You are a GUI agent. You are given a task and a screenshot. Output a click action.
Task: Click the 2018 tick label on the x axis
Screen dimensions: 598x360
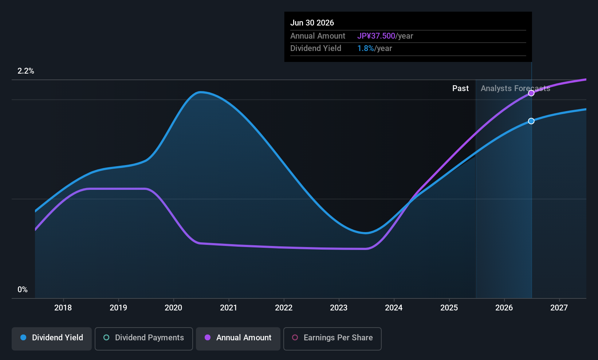(63, 308)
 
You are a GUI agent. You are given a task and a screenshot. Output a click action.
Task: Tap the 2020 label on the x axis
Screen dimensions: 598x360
(173, 308)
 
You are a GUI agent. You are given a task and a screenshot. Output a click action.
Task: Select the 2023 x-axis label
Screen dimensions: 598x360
(339, 308)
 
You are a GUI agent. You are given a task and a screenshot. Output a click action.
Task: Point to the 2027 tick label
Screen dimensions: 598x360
(559, 308)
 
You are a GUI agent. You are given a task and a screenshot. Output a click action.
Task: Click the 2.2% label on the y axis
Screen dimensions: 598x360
(26, 71)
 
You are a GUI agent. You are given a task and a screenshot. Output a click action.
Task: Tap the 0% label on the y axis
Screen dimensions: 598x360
(23, 290)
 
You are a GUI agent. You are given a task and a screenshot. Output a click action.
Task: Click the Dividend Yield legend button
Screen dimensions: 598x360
(51, 339)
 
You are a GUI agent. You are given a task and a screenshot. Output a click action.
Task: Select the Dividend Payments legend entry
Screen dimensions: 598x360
(143, 339)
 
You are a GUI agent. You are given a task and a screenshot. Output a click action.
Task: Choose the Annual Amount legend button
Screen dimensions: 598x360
(238, 339)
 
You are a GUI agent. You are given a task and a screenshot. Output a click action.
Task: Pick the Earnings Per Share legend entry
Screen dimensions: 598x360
(333, 339)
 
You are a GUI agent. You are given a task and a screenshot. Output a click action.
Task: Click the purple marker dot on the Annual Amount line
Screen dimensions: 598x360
(531, 93)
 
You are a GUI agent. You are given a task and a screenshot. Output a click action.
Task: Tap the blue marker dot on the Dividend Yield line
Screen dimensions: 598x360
(531, 121)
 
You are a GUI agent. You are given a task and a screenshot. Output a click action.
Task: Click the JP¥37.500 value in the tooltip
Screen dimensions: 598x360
(376, 36)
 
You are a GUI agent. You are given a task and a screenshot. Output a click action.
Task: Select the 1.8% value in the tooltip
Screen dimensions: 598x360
(366, 48)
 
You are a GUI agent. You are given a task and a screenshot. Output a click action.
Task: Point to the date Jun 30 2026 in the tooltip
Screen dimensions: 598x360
(312, 23)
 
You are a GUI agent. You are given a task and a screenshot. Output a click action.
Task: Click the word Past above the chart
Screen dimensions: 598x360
(460, 89)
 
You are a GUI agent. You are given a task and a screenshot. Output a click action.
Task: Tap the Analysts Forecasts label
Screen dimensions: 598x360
(515, 89)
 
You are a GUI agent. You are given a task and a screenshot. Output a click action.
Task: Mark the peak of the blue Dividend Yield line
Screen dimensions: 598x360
(200, 93)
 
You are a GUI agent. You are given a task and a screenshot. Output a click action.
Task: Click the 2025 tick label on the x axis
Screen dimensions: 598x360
(449, 308)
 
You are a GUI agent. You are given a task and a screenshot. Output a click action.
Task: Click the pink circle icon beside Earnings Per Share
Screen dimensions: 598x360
(295, 337)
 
